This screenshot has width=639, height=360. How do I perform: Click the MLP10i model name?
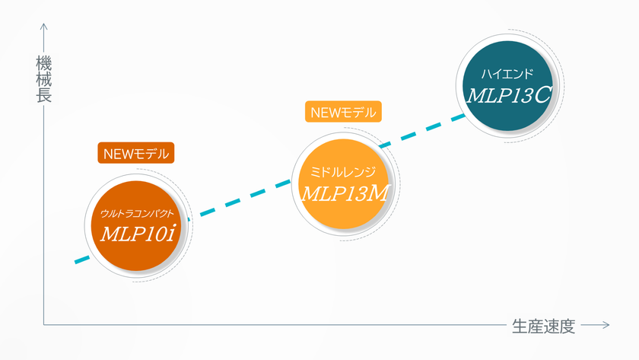[138, 234]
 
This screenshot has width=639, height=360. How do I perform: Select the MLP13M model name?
[345, 193]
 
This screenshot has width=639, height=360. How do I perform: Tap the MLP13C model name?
[509, 95]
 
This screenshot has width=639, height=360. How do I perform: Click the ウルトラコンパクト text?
[137, 213]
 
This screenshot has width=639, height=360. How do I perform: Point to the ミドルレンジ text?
[343, 172]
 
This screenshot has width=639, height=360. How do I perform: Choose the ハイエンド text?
[507, 74]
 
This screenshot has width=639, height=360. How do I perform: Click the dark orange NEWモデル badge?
[136, 153]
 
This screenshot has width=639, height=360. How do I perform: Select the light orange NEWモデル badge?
[343, 112]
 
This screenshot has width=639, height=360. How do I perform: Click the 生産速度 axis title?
[544, 327]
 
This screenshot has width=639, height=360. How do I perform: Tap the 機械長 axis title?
[43, 79]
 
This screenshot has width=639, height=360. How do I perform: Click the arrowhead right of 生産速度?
[606, 325]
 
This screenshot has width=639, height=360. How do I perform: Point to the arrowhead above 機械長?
[43, 27]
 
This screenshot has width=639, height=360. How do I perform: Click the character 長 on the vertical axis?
[43, 95]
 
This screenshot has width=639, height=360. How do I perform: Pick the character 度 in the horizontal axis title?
[567, 327]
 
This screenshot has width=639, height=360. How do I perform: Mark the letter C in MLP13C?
[542, 95]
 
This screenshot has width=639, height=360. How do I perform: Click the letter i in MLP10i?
[171, 234]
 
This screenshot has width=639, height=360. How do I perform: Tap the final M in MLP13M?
[378, 193]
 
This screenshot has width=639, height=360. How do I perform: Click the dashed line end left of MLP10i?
[76, 262]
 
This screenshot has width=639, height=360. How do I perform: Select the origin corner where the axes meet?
[43, 325]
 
